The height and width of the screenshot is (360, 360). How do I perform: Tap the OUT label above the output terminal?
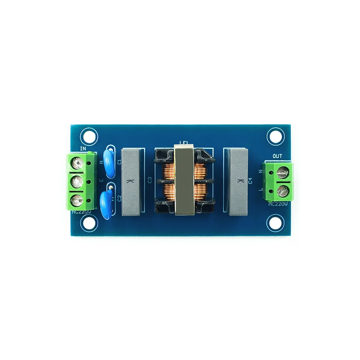coord(277,156)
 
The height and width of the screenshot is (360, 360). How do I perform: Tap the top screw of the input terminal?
coord(77,164)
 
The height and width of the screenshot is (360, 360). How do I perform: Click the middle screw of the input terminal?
coord(77,181)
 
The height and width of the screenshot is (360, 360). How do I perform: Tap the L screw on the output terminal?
coord(282,191)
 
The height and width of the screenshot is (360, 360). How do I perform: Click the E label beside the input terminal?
coord(101,180)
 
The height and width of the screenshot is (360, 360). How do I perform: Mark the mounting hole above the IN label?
coord(89,136)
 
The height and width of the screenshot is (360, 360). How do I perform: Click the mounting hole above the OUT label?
coord(275,136)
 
